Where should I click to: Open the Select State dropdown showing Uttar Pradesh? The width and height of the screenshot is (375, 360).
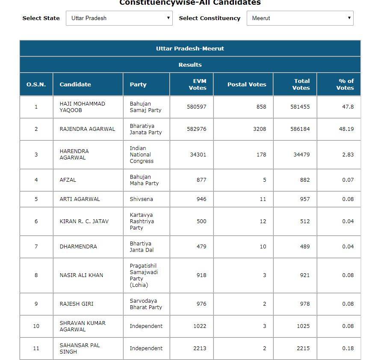pyautogui.click(x=119, y=18)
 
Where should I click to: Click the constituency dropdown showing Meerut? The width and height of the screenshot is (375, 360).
pyautogui.click(x=300, y=18)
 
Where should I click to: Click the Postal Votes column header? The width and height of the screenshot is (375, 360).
pyautogui.click(x=247, y=84)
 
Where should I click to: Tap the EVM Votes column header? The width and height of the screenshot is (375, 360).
pyautogui.click(x=197, y=84)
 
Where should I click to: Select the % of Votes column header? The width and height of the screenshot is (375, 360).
pyautogui.click(x=345, y=84)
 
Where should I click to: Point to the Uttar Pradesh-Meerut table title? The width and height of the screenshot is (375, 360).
pyautogui.click(x=190, y=48)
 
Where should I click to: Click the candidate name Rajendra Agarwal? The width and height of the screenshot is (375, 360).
pyautogui.click(x=87, y=129)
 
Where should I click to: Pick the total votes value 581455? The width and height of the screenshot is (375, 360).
pyautogui.click(x=300, y=107)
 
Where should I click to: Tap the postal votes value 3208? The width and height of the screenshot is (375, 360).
pyautogui.click(x=259, y=129)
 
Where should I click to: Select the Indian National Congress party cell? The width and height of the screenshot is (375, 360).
pyautogui.click(x=142, y=154)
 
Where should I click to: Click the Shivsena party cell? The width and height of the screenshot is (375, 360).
pyautogui.click(x=141, y=199)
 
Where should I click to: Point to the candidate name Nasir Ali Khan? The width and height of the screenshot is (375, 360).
pyautogui.click(x=81, y=275)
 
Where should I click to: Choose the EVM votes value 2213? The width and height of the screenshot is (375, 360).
pyautogui.click(x=199, y=348)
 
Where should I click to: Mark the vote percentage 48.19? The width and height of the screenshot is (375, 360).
pyautogui.click(x=346, y=129)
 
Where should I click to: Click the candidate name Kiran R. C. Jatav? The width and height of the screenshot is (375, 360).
pyautogui.click(x=84, y=221)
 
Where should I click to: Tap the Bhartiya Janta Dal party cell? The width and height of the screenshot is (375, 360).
pyautogui.click(x=142, y=246)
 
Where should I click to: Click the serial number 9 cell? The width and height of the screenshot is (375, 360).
pyautogui.click(x=36, y=304)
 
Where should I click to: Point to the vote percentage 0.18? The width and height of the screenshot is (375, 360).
pyautogui.click(x=348, y=348)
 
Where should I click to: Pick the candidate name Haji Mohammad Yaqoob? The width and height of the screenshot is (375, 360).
pyautogui.click(x=82, y=107)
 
